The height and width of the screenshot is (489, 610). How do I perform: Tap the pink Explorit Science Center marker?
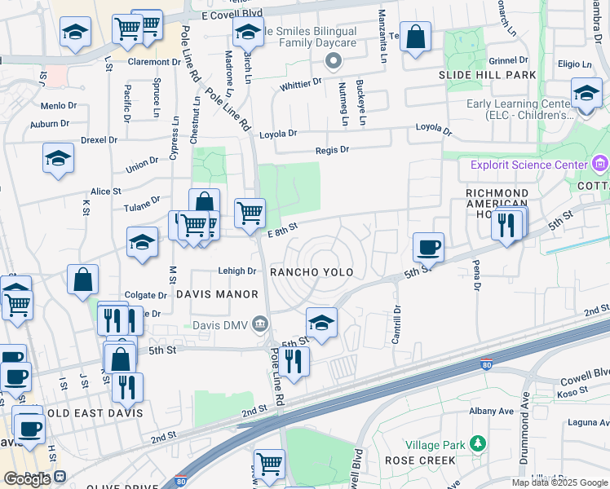click(600, 165)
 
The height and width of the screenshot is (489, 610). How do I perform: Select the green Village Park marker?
click(477, 444)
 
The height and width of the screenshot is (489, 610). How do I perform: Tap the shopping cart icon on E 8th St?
click(250, 213)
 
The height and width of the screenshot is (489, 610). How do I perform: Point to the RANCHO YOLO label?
click(312, 272)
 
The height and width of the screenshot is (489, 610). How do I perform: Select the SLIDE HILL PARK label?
click(488, 75)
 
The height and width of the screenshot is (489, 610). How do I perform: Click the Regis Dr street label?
click(332, 150)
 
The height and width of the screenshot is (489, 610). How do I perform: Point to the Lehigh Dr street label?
click(237, 271)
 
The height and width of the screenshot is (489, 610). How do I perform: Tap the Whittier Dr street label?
click(301, 84)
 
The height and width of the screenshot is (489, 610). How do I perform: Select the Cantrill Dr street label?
click(397, 324)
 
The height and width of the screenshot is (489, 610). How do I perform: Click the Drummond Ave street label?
click(526, 414)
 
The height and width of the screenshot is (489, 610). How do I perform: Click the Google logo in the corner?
click(27, 479)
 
